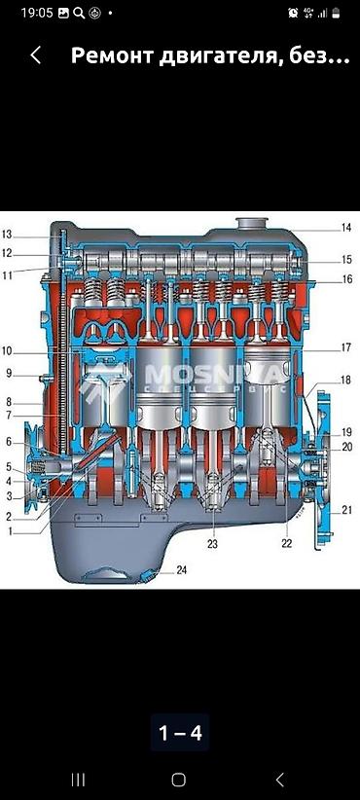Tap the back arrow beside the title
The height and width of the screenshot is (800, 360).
[35, 55]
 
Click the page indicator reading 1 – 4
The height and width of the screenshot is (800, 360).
[180, 733]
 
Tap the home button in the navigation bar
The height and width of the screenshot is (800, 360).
[178, 780]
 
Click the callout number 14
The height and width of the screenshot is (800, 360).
[346, 228]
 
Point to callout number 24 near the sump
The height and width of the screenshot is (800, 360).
[182, 570]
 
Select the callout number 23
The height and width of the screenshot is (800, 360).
[212, 544]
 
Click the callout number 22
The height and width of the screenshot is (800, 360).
[287, 544]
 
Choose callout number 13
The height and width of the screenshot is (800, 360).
[7, 235]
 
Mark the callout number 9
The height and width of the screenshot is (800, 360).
[9, 374]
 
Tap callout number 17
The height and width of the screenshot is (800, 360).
[346, 348]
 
